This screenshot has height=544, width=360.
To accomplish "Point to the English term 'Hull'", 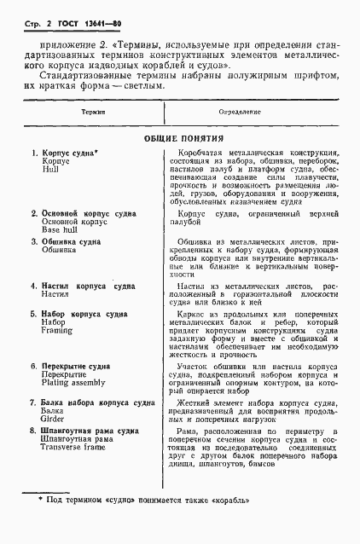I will [49, 170].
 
